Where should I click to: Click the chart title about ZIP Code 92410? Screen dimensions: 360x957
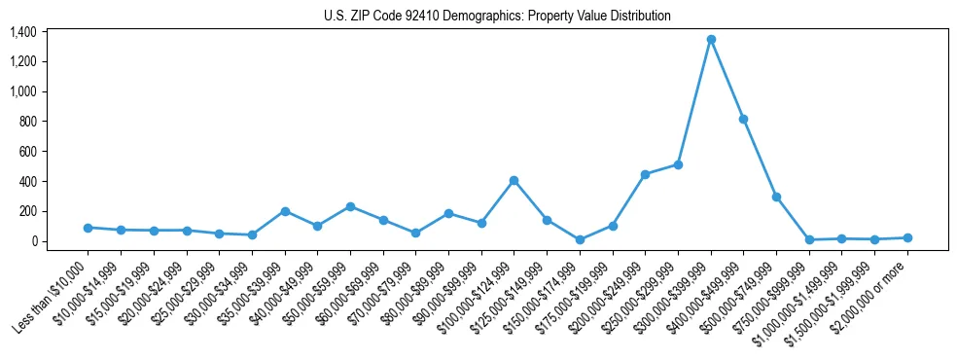(x=497, y=16)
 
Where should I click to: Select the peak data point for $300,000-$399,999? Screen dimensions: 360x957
(x=711, y=39)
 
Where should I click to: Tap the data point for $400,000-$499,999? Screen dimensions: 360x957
(x=744, y=119)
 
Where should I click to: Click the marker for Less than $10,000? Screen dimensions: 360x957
(x=88, y=228)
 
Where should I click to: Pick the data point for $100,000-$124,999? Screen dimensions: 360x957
(x=514, y=180)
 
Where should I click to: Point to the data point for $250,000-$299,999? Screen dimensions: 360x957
(x=678, y=164)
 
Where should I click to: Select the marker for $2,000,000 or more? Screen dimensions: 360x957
(x=907, y=237)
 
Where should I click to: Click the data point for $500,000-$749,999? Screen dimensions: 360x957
(x=776, y=197)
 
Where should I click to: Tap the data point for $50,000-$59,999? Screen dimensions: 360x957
(x=350, y=206)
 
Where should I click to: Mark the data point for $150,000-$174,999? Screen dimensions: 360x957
(x=580, y=239)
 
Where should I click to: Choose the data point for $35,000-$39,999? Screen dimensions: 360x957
(x=285, y=211)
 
